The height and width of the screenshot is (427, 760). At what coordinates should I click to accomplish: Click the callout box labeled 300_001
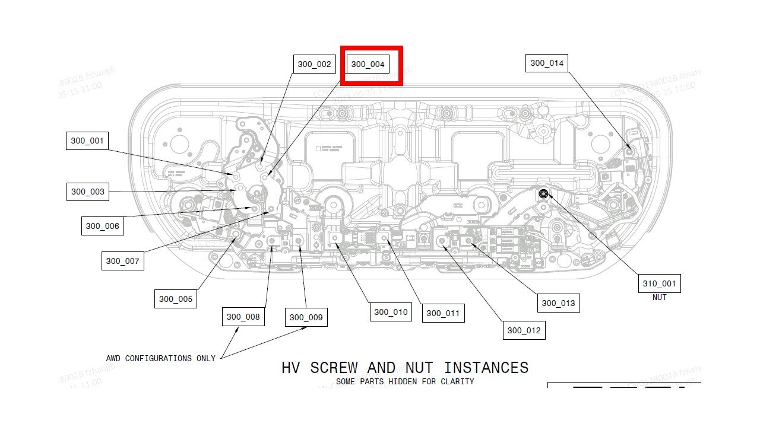point(87,141)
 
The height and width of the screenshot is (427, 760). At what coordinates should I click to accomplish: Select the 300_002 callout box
point(315,64)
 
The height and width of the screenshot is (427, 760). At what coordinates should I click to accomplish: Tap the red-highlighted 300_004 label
point(368,64)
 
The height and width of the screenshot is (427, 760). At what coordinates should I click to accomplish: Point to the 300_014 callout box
point(547,63)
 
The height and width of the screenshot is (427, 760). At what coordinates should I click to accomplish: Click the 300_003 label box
point(88,192)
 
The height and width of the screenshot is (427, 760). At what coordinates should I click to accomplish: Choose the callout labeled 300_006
point(103,226)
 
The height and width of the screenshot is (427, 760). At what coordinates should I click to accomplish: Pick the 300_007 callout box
point(122,261)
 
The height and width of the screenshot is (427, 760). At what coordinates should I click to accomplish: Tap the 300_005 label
point(176,299)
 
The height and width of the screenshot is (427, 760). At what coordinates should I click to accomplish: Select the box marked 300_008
point(243,317)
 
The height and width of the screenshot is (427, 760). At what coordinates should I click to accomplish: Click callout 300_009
point(306,317)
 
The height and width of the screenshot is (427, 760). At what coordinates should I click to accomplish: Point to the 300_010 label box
point(391,312)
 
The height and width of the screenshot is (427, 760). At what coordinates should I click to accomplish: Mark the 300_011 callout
point(443,313)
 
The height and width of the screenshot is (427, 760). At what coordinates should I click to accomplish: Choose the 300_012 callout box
point(524,330)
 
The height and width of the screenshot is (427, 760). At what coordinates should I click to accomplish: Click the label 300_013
point(558,303)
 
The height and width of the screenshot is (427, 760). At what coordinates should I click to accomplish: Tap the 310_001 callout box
point(659,283)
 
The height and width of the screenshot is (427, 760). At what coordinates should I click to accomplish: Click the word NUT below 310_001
point(659,297)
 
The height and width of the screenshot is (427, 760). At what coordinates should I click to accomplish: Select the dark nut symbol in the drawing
point(543,193)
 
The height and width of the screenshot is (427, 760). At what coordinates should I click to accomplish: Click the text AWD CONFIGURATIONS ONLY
point(160,358)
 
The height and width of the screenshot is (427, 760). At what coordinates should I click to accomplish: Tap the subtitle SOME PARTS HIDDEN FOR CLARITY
point(405,381)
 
